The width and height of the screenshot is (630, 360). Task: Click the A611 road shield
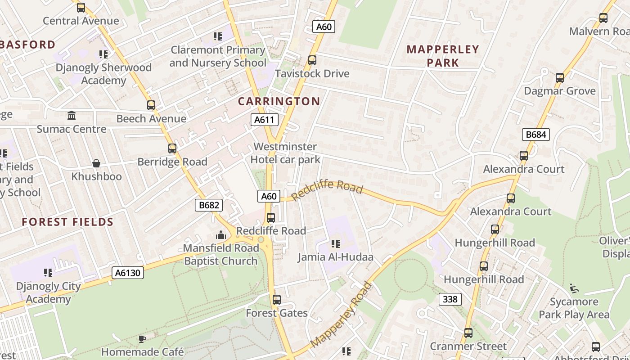[264, 120]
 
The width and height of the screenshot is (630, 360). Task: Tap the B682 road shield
[209, 206]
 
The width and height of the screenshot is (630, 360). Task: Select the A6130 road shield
[128, 273]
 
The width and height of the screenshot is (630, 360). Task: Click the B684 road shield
[536, 134]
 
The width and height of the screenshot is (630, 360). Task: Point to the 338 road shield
[450, 299]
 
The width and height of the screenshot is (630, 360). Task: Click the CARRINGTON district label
[279, 101]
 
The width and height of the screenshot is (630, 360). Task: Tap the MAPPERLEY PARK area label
[443, 56]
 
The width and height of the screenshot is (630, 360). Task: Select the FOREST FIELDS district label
[67, 222]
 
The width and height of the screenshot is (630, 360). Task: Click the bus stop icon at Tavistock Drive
[312, 60]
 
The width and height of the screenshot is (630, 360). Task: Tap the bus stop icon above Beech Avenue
[151, 105]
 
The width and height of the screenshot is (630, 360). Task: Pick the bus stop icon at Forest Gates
[276, 300]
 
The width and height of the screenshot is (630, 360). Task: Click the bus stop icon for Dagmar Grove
[559, 78]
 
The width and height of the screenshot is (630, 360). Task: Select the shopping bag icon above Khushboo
[96, 163]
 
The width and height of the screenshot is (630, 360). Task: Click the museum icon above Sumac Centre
[72, 116]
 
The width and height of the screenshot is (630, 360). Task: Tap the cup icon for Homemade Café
[142, 339]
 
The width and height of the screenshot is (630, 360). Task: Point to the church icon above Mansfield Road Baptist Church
[220, 235]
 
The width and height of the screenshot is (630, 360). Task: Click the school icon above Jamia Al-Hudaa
[335, 244]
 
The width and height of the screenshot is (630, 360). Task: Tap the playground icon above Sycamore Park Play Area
[574, 288]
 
